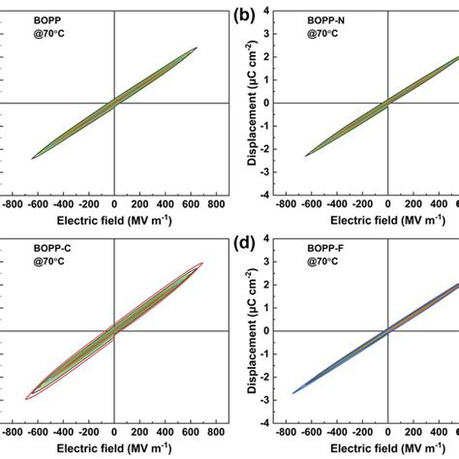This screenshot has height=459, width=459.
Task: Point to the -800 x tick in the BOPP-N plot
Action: (x=285, y=204)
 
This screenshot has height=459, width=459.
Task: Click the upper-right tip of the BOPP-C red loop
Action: (x=201, y=262)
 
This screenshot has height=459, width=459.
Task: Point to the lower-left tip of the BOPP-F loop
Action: (x=292, y=392)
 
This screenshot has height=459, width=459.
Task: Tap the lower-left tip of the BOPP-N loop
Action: (x=306, y=156)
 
